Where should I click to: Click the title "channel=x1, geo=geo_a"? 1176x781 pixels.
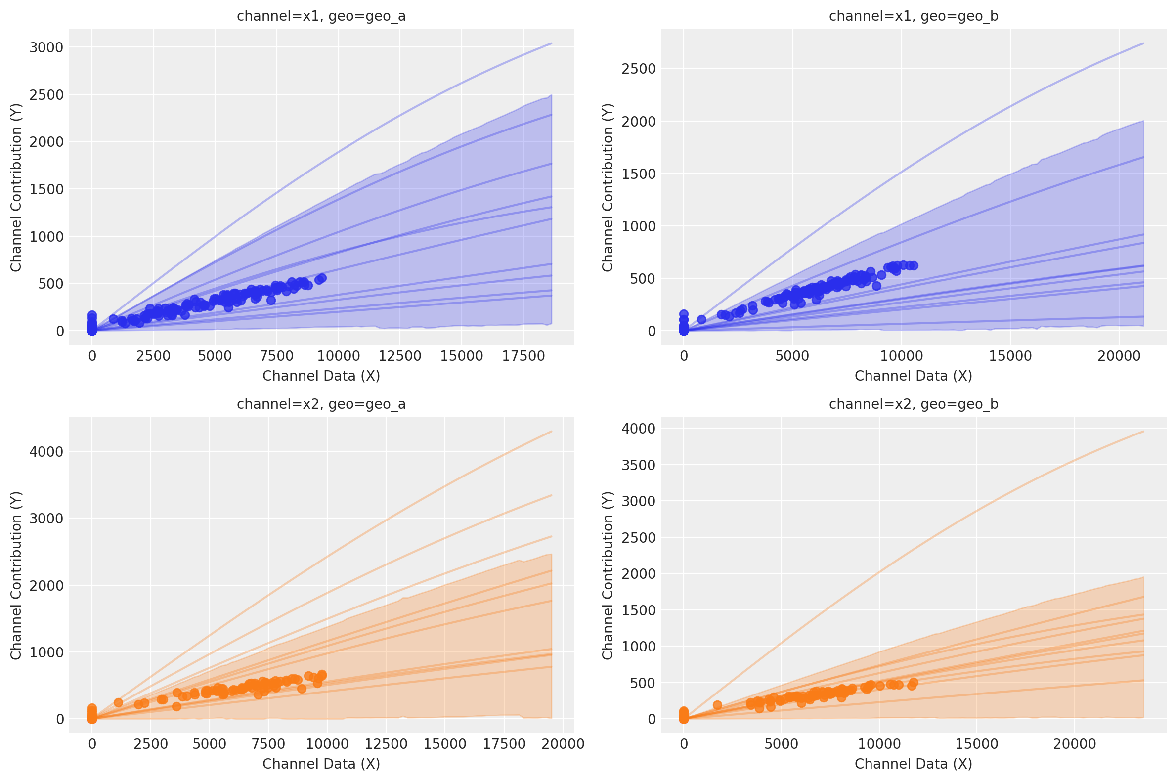pos(321,16)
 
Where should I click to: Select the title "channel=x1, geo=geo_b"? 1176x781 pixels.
pos(913,16)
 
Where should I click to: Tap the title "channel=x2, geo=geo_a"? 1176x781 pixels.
pos(321,404)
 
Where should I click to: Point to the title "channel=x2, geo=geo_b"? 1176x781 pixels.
pos(913,404)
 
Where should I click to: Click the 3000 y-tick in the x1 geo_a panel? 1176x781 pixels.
pos(46,47)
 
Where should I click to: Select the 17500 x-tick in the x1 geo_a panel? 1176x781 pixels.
pos(523,356)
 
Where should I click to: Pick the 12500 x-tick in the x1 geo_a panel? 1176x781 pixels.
pos(400,356)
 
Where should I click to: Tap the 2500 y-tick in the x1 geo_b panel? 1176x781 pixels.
pos(639,69)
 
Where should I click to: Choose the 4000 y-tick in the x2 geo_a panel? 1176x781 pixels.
pos(46,452)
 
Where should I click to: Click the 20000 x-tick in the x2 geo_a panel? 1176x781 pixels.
pos(563,744)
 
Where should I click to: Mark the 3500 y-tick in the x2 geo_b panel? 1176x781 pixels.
pos(639,465)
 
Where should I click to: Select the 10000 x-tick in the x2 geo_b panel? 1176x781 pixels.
pos(879,744)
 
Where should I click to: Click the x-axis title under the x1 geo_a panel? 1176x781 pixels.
pos(321,376)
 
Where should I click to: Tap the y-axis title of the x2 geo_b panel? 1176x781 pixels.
pos(607,575)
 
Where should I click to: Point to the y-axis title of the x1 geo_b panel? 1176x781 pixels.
pos(607,187)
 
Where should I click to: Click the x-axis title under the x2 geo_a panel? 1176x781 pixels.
pos(321,764)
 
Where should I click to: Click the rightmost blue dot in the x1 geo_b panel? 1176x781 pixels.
pos(914,265)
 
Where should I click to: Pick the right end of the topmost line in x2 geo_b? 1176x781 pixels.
pos(1143,432)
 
